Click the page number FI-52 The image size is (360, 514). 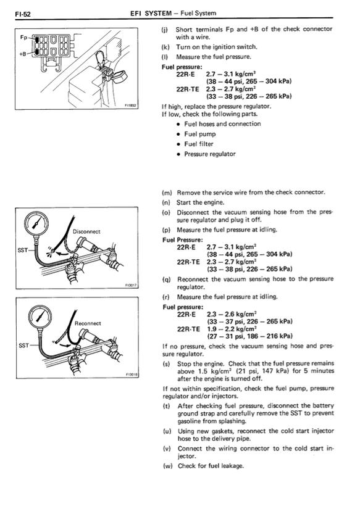point(23,14)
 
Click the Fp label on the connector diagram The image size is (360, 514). point(23,37)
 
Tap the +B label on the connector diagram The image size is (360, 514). point(23,54)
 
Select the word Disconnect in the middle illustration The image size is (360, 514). point(86,231)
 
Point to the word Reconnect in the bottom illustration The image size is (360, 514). point(88,323)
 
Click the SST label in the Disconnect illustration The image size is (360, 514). point(22,250)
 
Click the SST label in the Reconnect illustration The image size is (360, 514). point(24,345)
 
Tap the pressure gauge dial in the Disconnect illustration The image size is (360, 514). point(37,223)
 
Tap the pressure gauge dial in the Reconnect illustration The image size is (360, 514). point(40,316)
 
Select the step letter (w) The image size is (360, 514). point(167,466)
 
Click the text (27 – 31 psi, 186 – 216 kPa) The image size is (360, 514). point(249,336)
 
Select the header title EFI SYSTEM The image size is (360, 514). point(151,14)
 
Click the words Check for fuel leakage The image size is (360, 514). point(211,466)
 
